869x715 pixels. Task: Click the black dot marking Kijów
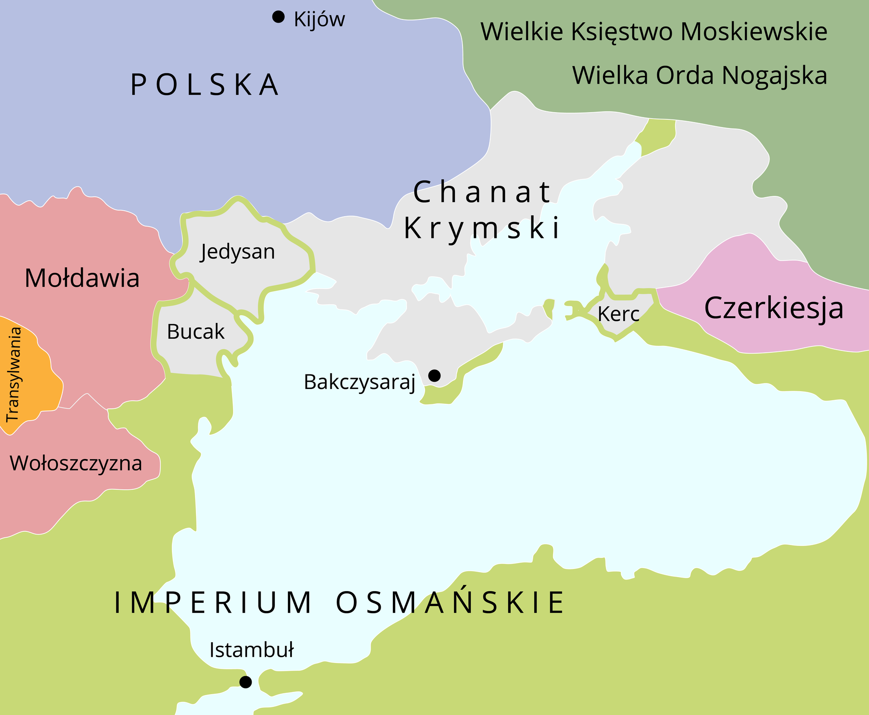(x=278, y=17)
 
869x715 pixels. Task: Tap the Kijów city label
(x=319, y=19)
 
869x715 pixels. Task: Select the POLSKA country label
(x=205, y=85)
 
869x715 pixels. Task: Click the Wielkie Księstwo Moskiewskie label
(x=654, y=32)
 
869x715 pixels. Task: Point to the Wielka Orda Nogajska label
(x=699, y=75)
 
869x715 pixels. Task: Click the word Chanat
(x=482, y=192)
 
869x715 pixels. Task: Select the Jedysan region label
(x=238, y=251)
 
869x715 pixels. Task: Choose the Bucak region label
(x=196, y=331)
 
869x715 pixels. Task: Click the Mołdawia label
(x=82, y=278)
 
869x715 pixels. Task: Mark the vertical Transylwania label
(x=14, y=374)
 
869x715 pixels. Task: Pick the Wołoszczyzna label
(x=76, y=464)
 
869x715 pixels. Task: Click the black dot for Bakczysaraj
(x=434, y=375)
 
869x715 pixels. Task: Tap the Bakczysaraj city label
(x=359, y=382)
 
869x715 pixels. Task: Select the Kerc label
(x=618, y=314)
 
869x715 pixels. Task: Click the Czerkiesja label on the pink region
(x=774, y=308)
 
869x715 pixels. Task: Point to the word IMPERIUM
(x=213, y=602)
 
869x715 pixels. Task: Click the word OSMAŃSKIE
(x=450, y=602)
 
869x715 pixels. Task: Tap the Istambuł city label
(x=251, y=650)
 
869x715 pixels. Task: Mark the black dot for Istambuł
(x=245, y=682)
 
